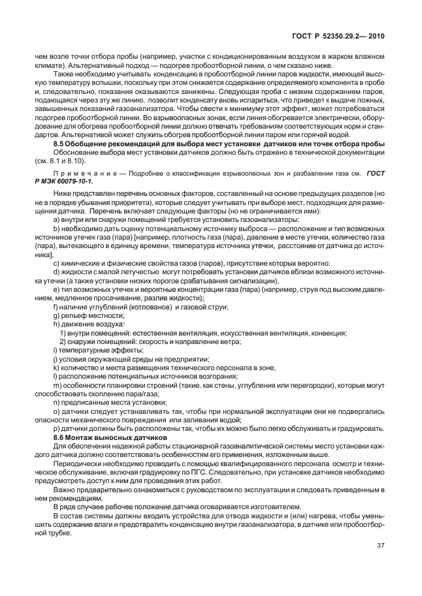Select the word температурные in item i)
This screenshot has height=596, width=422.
point(82,350)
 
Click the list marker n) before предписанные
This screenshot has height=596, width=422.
point(56,402)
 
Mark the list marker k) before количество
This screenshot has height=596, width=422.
point(56,368)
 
